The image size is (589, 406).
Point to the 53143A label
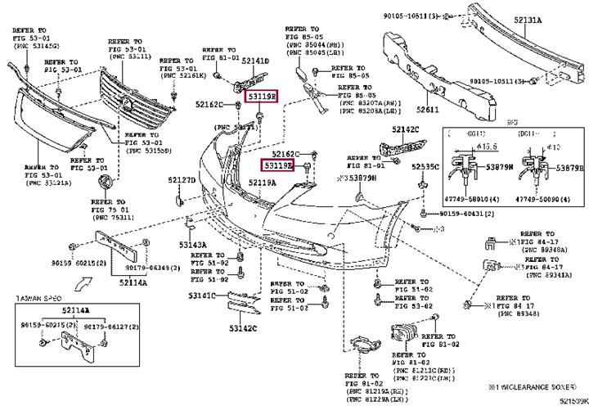193,245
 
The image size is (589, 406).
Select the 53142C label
242,327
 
